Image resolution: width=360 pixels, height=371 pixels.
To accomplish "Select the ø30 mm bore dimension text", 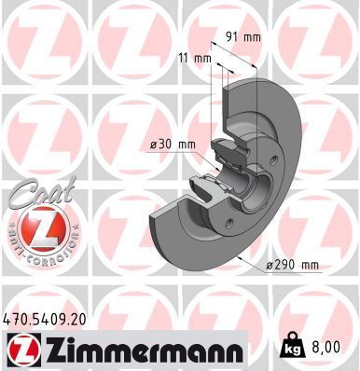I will click(173, 144).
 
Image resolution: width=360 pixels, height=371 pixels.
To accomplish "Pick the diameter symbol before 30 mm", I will click(155, 144).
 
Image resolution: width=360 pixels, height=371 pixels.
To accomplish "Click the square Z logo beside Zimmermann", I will click(20, 350).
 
